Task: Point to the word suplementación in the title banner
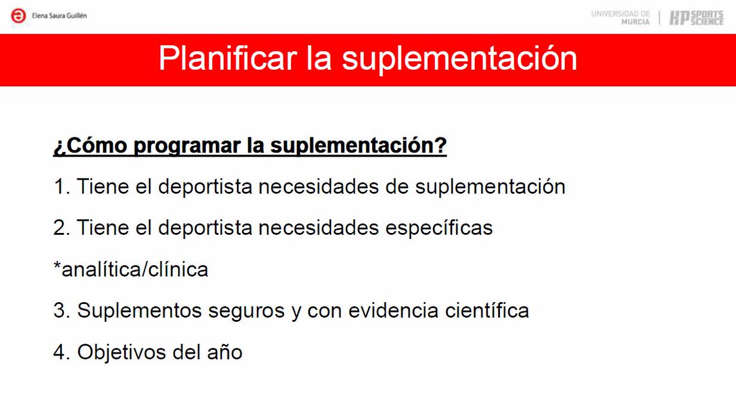459,59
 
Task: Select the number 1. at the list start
62,186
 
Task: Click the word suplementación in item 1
490,186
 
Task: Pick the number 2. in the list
62,228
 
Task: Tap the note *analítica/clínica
131,269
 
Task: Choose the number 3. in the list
62,311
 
